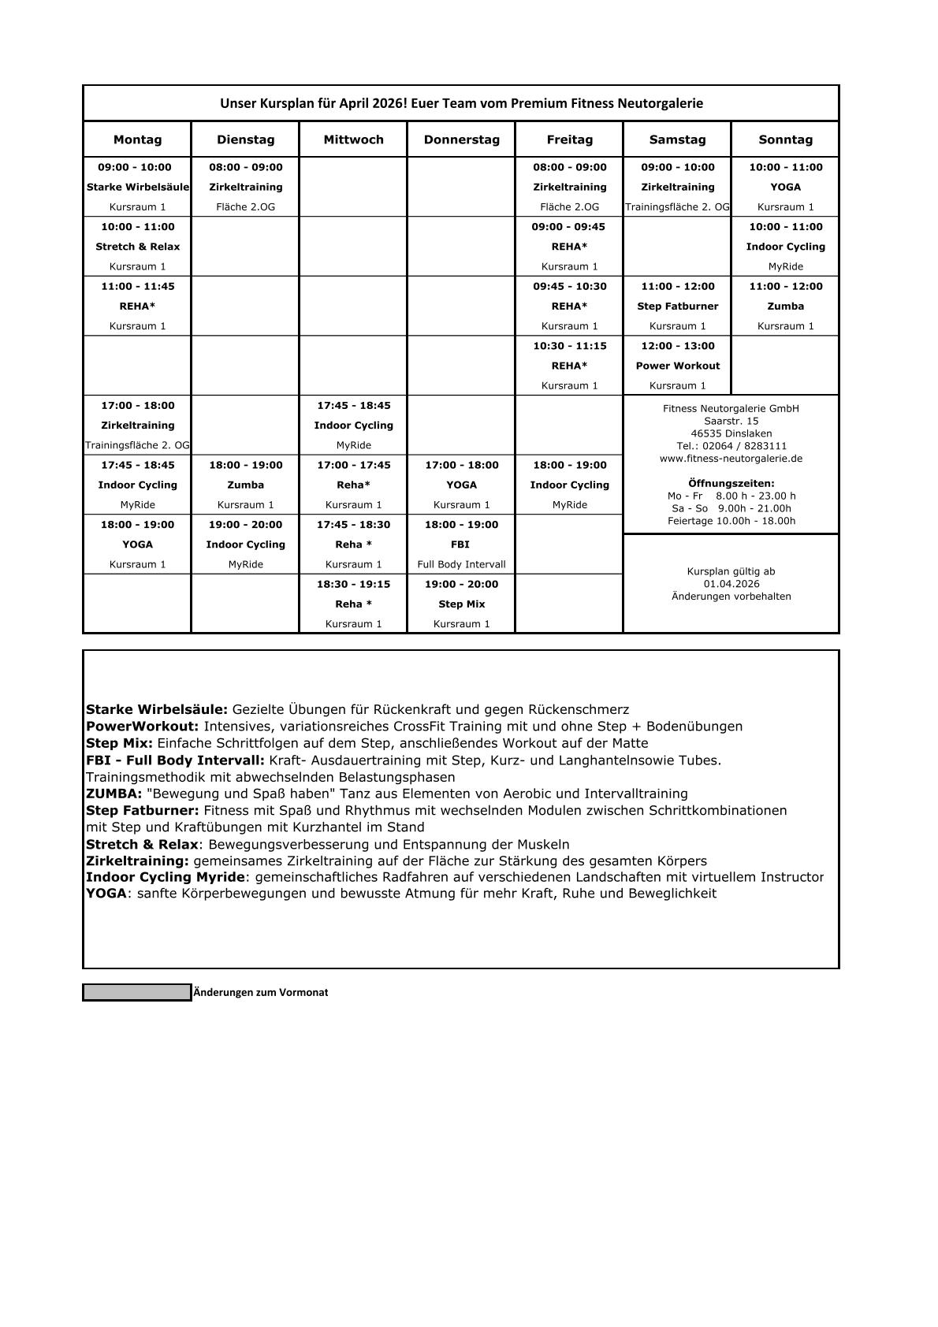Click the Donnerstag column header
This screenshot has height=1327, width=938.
point(461,139)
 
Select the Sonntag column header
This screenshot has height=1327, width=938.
point(785,139)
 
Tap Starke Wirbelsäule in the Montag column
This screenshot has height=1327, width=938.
point(137,187)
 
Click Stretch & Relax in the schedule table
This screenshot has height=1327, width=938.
point(137,247)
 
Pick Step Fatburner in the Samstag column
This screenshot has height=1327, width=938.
point(677,306)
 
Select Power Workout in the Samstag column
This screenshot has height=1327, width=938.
point(677,366)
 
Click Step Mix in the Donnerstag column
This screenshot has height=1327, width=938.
point(461,604)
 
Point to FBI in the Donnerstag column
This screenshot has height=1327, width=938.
point(460,545)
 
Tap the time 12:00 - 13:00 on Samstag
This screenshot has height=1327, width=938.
point(677,346)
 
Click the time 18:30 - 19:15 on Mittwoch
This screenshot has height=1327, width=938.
point(353,584)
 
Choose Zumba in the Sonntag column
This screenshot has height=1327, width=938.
point(785,306)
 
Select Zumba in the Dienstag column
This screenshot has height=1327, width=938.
point(245,485)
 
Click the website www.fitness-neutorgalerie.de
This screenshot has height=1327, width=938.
point(731,459)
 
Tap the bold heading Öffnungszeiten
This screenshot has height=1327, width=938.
point(731,483)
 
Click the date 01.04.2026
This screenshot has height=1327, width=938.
point(731,584)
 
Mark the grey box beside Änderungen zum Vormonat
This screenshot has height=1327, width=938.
point(137,993)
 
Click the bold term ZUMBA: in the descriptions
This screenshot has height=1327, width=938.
point(114,794)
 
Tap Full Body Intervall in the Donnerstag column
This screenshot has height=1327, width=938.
point(461,564)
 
